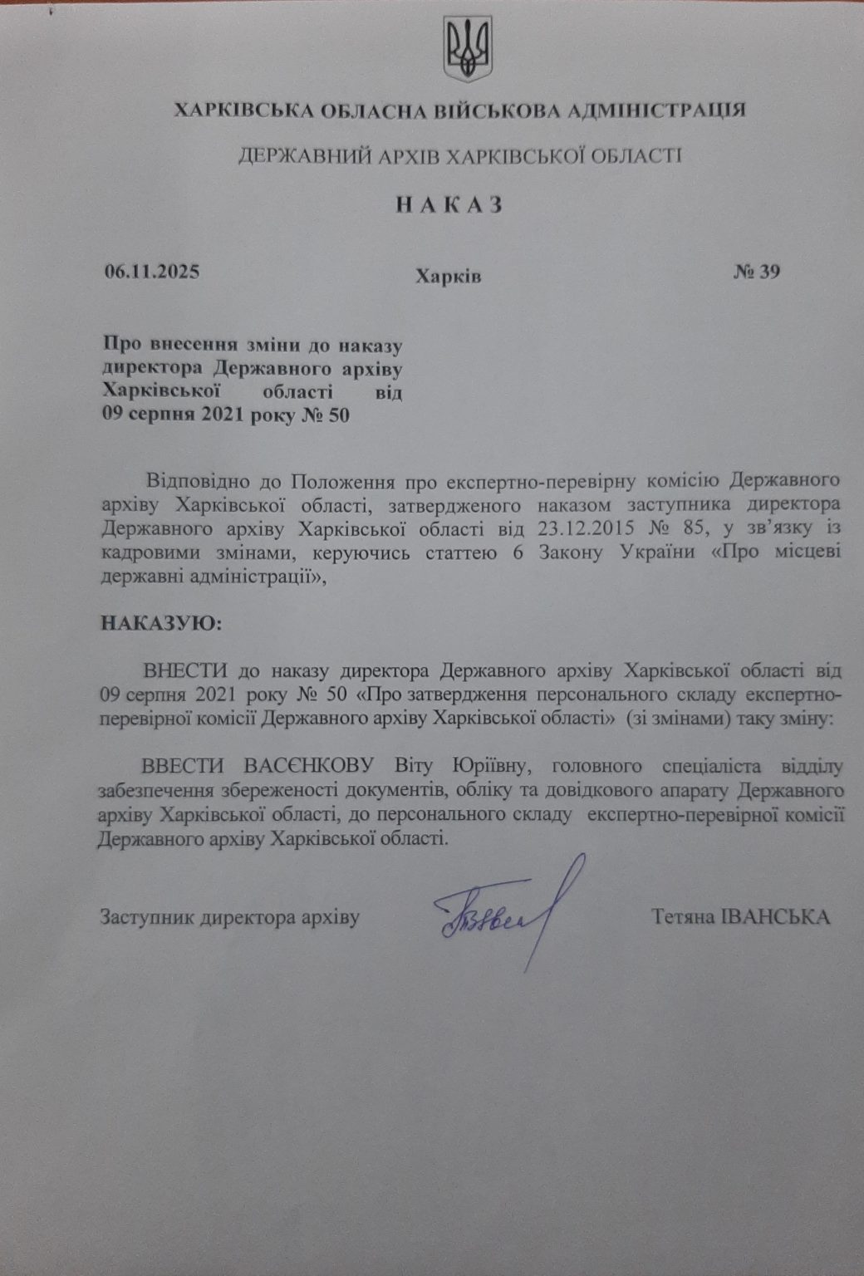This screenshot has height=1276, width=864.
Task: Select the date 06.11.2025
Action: pos(152,272)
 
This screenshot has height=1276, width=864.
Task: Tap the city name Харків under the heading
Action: pos(448,275)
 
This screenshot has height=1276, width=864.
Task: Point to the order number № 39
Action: pos(757,272)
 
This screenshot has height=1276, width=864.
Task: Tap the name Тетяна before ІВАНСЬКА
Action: pos(683,916)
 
